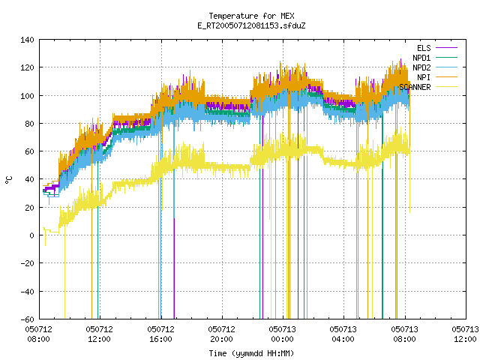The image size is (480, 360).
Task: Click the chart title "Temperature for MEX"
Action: [251, 16]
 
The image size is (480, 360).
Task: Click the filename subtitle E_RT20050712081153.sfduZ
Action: [251, 25]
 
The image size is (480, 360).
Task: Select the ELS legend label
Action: [424, 48]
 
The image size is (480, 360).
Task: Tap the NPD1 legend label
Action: [421, 58]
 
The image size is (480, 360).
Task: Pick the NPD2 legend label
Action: [421, 67]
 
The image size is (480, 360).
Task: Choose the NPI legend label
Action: [424, 77]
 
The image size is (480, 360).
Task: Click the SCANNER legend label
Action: [415, 87]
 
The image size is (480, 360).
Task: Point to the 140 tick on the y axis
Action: [27, 40]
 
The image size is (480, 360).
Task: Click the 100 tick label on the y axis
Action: [27, 96]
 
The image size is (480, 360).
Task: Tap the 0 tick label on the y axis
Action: [31, 235]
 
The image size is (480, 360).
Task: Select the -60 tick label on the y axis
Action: [27, 319]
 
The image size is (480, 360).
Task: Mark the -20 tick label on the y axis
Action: [27, 263]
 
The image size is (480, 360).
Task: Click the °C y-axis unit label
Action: [9, 180]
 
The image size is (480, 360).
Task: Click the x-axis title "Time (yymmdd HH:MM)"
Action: [251, 353]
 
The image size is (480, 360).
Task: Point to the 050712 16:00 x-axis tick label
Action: [160, 334]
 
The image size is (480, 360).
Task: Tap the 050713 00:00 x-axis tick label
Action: [282, 334]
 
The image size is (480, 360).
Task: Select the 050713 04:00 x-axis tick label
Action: [343, 334]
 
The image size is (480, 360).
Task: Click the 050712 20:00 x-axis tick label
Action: [222, 334]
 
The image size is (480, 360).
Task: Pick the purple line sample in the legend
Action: [446, 48]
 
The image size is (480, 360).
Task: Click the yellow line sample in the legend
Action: [446, 87]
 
